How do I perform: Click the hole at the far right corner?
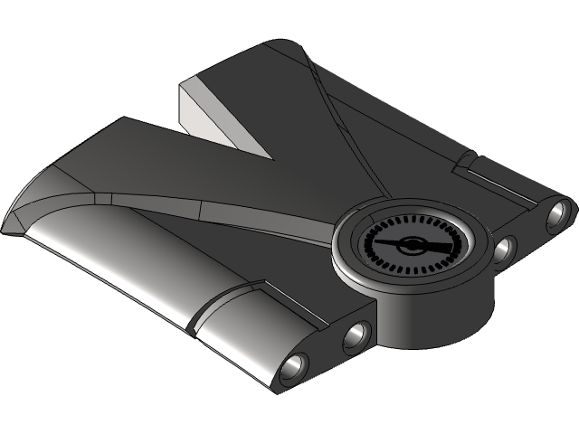pos(557,213)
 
